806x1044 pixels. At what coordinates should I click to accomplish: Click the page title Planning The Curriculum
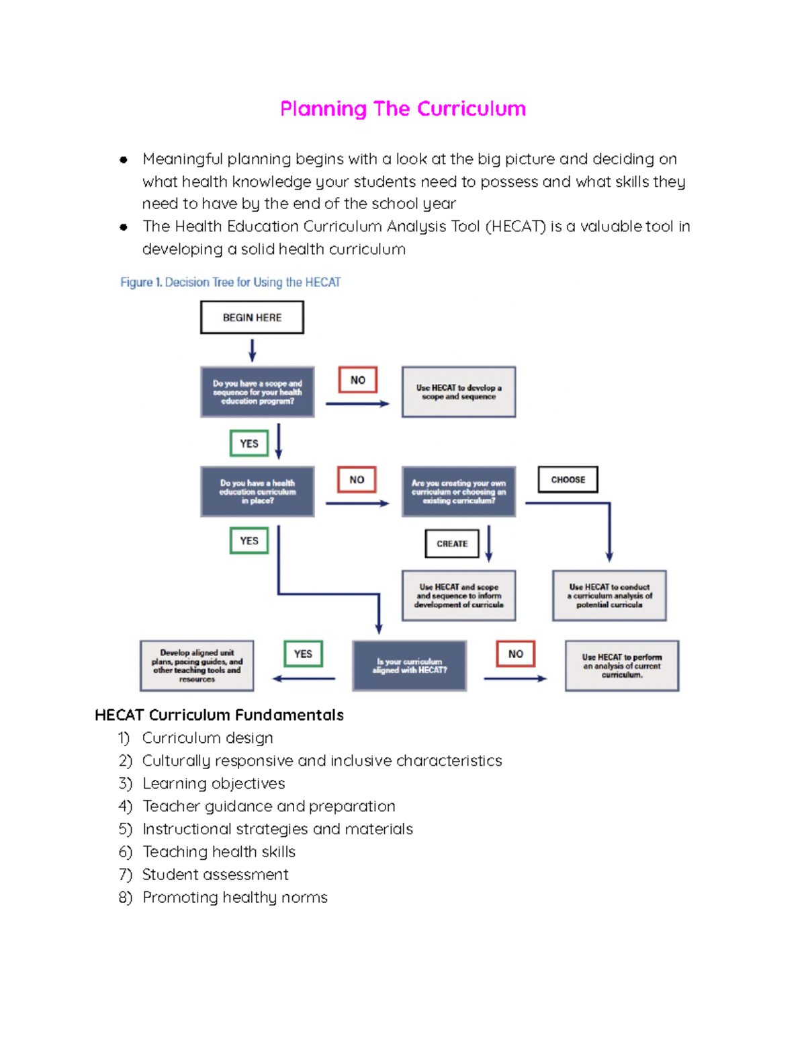[402, 109]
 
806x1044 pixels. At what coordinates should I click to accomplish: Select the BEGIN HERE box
[252, 317]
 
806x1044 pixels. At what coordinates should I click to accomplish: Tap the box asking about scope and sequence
[257, 392]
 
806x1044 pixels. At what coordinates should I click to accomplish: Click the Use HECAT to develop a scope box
[459, 392]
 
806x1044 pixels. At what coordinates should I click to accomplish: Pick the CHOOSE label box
[568, 479]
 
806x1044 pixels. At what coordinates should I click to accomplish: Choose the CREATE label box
[452, 544]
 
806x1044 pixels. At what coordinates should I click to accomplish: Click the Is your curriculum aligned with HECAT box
[409, 666]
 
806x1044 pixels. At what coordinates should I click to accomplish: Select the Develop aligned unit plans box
[197, 666]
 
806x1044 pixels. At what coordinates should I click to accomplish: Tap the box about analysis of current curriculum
[622, 666]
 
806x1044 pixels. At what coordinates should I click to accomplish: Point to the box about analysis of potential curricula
[609, 596]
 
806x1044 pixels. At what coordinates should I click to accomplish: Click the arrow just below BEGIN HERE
[253, 350]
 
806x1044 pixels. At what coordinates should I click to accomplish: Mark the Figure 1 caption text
[230, 282]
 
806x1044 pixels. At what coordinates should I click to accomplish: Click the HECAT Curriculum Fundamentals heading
[219, 715]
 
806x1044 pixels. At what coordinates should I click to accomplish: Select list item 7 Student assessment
[215, 875]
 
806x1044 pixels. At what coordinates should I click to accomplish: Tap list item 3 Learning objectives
[214, 783]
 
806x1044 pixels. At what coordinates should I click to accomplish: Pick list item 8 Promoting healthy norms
[234, 897]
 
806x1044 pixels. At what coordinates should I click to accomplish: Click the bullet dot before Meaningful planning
[124, 160]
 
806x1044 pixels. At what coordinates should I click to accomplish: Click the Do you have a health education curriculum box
[257, 491]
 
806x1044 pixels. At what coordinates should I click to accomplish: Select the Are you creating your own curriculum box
[459, 491]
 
